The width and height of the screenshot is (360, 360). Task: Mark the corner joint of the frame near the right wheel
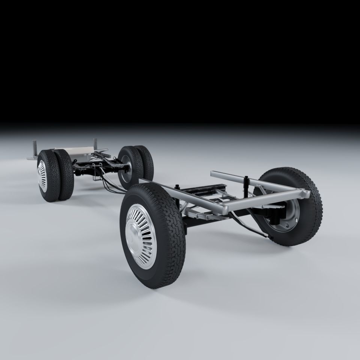304,193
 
